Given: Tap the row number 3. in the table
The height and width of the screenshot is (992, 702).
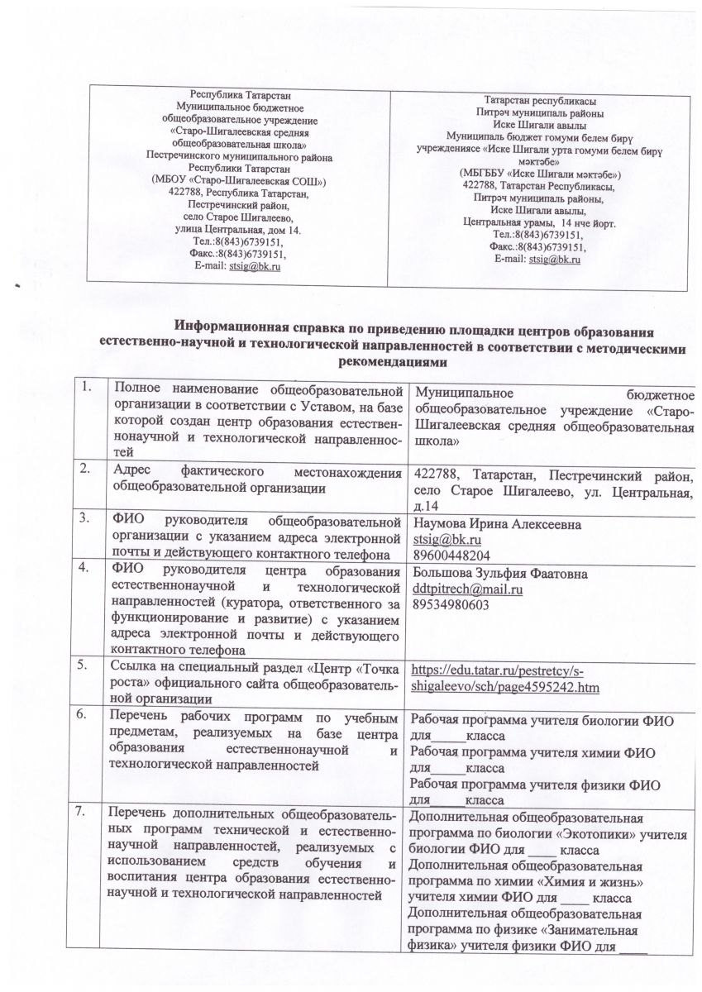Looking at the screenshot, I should pyautogui.click(x=84, y=520).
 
